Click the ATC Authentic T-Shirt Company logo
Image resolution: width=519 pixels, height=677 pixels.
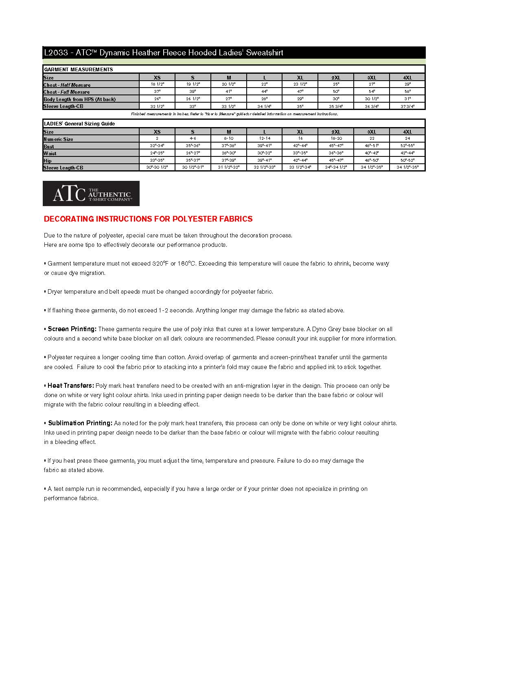[91, 193]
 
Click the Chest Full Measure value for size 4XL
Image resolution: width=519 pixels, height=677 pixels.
[407, 92]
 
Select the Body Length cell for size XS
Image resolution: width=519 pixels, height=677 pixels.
[157, 99]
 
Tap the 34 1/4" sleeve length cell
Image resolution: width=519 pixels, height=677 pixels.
[265, 106]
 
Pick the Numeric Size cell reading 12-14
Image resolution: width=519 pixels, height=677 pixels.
[265, 138]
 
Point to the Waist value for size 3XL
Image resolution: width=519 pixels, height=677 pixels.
[372, 153]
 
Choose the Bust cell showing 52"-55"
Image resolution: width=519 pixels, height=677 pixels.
[407, 146]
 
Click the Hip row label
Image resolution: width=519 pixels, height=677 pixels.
[48, 161]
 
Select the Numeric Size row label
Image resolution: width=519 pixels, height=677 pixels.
[59, 139]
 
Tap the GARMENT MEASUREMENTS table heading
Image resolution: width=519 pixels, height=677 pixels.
[78, 70]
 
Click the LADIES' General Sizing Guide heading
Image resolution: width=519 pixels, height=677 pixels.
[79, 124]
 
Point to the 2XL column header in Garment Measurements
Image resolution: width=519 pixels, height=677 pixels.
[336, 77]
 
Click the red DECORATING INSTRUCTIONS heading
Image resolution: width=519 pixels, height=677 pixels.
[148, 219]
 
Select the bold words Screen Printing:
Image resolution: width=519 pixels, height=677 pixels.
[72, 329]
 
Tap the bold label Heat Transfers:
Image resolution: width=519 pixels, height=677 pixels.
[71, 386]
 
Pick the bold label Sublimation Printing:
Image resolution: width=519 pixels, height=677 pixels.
[80, 423]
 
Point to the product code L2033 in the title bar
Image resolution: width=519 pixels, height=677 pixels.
[56, 53]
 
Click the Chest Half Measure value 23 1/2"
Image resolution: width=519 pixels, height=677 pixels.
[300, 84]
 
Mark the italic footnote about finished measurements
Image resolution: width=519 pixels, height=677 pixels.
[234, 114]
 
